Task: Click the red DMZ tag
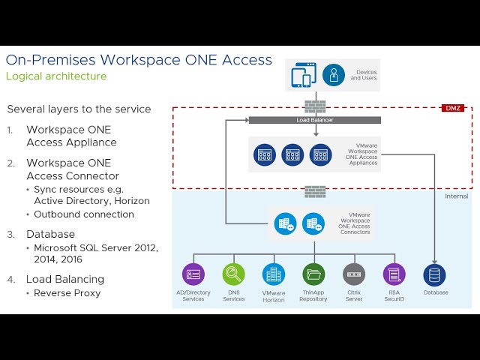point(453,108)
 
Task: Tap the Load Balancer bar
point(314,120)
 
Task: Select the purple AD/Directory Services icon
point(193,274)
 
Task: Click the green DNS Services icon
point(233,274)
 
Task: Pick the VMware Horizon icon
point(274,274)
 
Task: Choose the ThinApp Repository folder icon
point(313,274)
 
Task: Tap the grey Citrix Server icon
point(354,274)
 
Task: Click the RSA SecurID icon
point(394,274)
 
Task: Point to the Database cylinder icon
point(434,274)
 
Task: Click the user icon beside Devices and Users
point(333,75)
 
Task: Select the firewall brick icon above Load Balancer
point(315,105)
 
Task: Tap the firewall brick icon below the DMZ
point(315,191)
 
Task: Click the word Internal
point(457,196)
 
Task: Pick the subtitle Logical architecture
point(56,76)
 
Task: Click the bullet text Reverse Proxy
point(67,292)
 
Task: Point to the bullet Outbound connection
point(84,214)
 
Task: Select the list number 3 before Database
point(10,234)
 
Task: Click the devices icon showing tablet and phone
point(303,75)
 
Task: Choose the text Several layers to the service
point(79,109)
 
